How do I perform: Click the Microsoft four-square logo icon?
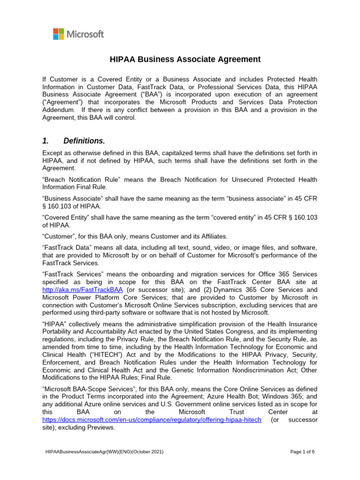coord(59,34)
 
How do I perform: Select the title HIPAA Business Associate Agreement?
coord(185,59)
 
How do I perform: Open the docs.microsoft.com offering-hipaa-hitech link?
coord(151,420)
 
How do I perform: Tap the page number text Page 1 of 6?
coord(302,451)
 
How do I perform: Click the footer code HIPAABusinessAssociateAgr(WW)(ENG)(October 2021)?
coord(104,451)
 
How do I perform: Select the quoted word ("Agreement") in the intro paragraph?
coord(61,102)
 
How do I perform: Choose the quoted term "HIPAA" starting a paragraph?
coord(53,325)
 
